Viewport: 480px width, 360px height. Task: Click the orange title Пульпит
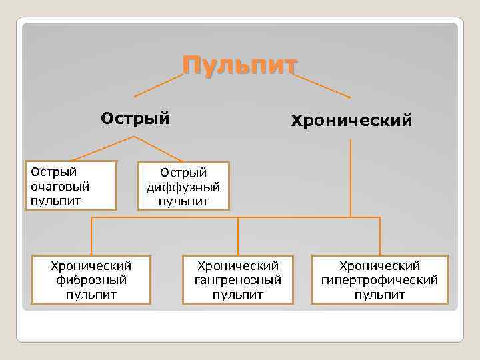coord(240,67)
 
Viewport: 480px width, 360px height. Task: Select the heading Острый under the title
coord(135,118)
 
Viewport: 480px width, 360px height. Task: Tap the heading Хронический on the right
coord(351,121)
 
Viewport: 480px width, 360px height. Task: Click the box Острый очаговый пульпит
coord(71,185)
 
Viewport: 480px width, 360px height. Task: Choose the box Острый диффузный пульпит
coord(183,187)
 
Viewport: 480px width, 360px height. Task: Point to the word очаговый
coord(60,186)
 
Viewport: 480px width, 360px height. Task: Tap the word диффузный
coord(183,187)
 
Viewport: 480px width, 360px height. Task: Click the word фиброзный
coord(92,280)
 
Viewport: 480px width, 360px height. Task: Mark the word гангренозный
coord(238,280)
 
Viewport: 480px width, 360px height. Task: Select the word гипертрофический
coord(379,280)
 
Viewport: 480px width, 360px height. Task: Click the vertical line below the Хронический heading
coord(351,173)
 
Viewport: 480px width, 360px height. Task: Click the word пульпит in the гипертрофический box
coord(379,294)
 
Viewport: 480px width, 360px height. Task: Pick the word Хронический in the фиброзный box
coord(92,266)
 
